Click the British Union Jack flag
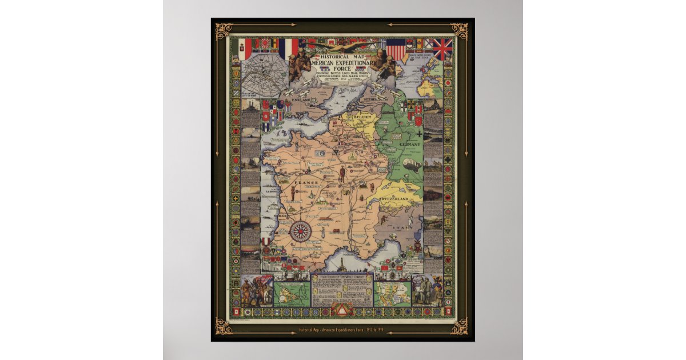click(x=442, y=49)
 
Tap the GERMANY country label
click(x=410, y=145)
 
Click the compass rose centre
click(x=301, y=231)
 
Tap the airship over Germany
click(x=413, y=165)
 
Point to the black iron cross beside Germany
click(x=419, y=133)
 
